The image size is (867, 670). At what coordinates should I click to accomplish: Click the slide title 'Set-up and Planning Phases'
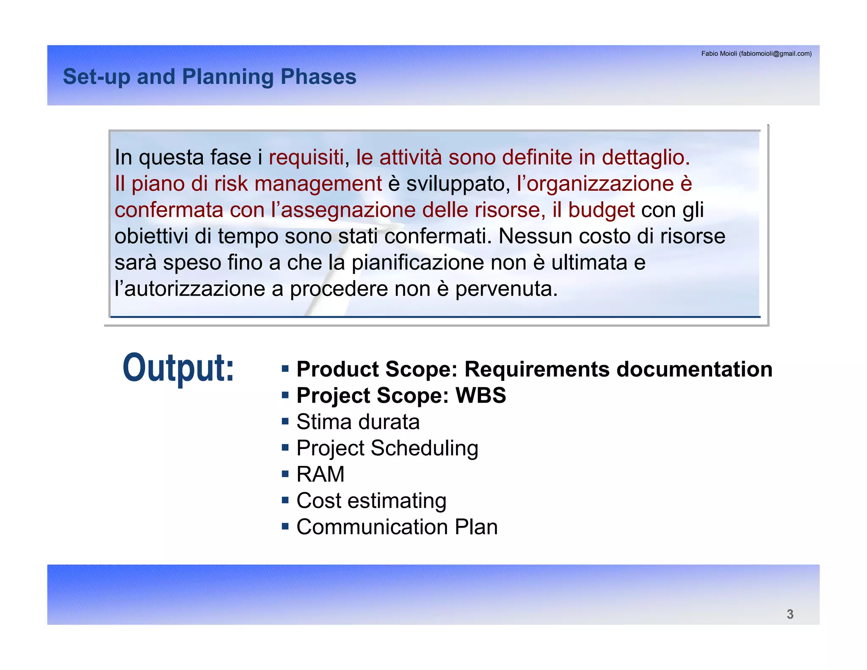(210, 77)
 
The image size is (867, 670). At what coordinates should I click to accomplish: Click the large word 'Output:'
(178, 368)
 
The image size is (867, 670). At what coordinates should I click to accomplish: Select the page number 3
(790, 614)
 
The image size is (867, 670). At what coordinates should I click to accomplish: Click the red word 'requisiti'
(306, 158)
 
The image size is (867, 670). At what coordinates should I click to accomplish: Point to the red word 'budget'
(601, 210)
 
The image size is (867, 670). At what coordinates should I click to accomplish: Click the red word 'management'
(318, 184)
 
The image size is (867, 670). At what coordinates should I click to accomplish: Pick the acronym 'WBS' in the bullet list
(480, 396)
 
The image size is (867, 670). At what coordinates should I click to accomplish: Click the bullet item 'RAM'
(320, 474)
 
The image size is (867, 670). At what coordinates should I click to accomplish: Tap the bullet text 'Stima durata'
(358, 422)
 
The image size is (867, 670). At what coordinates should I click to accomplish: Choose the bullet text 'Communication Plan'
(397, 527)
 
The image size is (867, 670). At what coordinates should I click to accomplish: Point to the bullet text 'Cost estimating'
(371, 501)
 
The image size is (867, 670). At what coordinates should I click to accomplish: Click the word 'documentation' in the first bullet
(694, 369)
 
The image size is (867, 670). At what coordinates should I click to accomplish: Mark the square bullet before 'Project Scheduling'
(285, 447)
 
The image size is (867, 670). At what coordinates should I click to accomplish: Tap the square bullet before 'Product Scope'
(285, 368)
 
